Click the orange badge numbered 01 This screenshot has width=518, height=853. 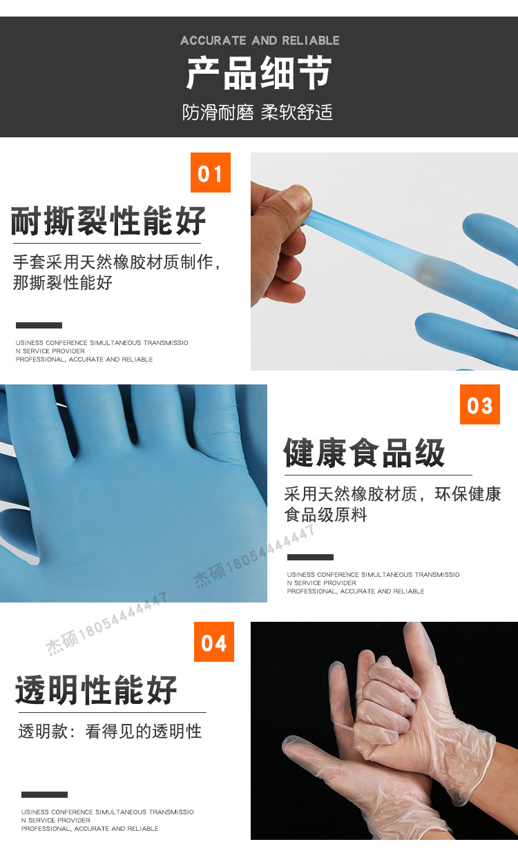(211, 173)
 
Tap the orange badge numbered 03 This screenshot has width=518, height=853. (479, 404)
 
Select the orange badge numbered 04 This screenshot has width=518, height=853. (214, 642)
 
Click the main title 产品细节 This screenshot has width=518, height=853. (259, 72)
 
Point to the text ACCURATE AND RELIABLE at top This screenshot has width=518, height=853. (260, 40)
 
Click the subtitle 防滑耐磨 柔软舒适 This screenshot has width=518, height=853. (258, 112)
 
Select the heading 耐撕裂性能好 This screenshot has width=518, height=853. (108, 221)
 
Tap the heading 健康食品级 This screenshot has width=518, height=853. (364, 453)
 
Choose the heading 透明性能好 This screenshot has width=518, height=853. (96, 690)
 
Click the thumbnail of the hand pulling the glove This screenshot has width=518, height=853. (384, 262)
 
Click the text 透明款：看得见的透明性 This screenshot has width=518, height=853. (110, 732)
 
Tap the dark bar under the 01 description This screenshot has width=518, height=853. (39, 325)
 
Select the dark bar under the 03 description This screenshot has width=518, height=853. (310, 557)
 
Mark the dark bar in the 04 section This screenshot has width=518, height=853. (45, 794)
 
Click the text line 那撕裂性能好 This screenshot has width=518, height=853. (63, 282)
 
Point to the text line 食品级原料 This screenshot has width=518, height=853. (325, 515)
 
